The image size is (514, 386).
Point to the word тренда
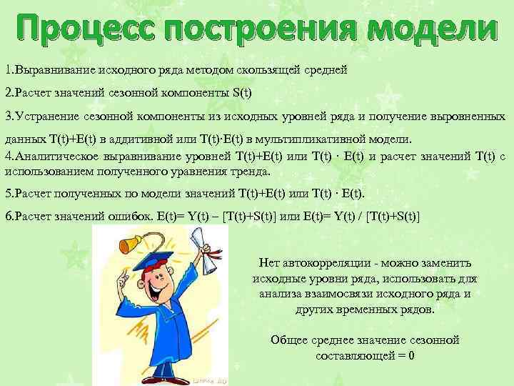251,172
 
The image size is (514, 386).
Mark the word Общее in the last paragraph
290,340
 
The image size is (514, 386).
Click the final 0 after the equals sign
412,356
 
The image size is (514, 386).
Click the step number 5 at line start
8,194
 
